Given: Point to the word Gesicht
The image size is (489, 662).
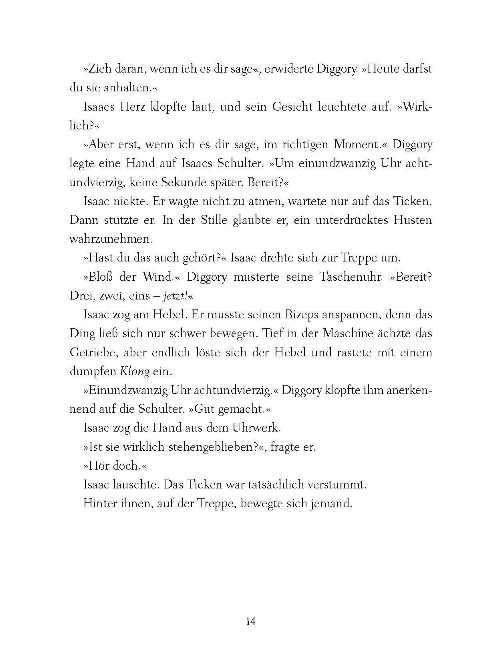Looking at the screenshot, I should pyautogui.click(x=292, y=107).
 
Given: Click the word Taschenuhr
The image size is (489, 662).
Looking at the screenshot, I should pyautogui.click(x=351, y=277).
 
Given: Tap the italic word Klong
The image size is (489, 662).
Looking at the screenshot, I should pyautogui.click(x=135, y=372).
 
